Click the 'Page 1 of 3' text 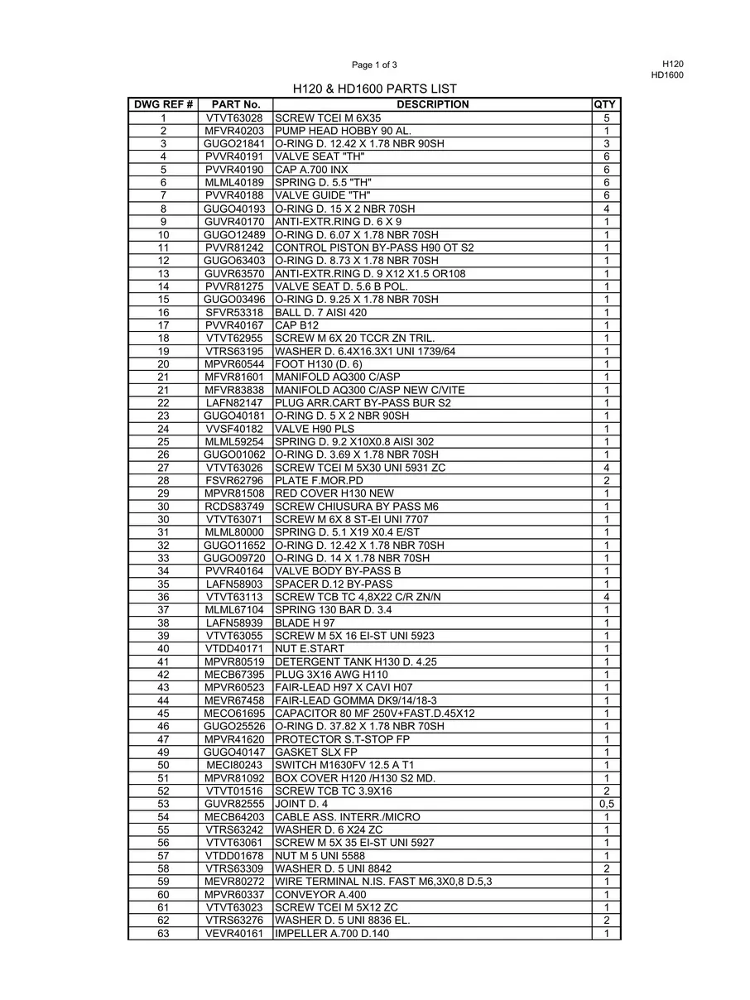click(x=374, y=65)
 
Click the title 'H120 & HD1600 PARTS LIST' click(x=375, y=89)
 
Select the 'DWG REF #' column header click(x=163, y=104)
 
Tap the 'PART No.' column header click(x=235, y=104)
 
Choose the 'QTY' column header click(x=605, y=104)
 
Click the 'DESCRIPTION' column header click(x=432, y=104)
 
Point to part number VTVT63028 click(x=235, y=118)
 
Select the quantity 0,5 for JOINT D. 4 click(x=606, y=804)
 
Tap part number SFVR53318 click(x=235, y=312)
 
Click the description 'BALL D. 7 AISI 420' click(x=320, y=312)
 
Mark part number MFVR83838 click(x=235, y=390)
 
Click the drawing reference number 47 click(x=163, y=739)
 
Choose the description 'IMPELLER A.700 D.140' click(x=332, y=933)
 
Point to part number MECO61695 click(x=235, y=714)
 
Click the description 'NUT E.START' click(x=310, y=649)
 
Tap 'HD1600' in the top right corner click(x=667, y=75)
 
